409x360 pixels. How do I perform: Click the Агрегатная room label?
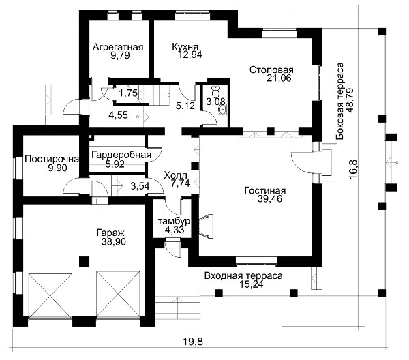pos(118,47)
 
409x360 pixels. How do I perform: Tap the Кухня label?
pos(185,46)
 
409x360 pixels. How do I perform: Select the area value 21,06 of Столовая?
pos(279,78)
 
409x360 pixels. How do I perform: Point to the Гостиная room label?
pos(265,190)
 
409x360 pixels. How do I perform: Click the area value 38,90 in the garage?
pos(114,241)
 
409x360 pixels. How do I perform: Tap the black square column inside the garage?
pos(85,261)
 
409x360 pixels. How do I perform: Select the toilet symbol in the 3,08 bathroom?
pos(215,91)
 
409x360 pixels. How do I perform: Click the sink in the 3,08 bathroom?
pos(223,110)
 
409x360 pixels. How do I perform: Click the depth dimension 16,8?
pos(352,170)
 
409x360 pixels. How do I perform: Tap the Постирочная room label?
pos(52,159)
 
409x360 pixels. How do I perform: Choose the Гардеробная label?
pos(121,155)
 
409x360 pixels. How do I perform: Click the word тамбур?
pos(174,221)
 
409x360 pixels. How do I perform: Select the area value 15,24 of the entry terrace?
pos(251,284)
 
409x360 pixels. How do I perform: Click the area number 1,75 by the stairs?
pos(128,93)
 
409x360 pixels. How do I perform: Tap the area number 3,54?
pos(140,186)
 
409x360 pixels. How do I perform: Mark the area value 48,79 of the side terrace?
pos(350,100)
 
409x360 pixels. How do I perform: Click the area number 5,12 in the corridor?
pos(185,106)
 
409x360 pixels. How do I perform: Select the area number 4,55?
pos(119,115)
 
